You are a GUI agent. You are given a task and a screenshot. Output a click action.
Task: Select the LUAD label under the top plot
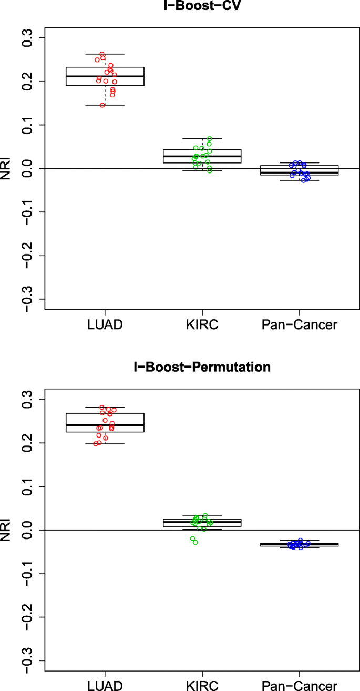pos(105,324)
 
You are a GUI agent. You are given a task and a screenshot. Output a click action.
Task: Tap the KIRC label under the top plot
pos(202,324)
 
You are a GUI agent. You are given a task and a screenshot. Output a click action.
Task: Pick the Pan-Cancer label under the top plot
pos(300,324)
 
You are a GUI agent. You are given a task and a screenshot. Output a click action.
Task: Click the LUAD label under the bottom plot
pos(105,685)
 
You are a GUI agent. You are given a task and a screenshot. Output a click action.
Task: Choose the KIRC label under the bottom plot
pos(202,685)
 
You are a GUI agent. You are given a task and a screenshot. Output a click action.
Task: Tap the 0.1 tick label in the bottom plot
pos(26,486)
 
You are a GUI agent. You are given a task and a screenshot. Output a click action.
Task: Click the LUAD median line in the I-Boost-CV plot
pos(105,76)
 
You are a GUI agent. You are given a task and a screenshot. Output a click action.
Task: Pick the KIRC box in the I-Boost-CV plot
pos(202,156)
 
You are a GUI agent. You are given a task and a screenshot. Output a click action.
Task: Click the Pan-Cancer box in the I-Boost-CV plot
pos(300,170)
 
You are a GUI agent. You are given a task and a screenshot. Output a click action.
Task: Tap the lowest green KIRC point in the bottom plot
pos(195,542)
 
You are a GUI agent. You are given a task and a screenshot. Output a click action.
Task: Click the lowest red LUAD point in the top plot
pos(102,105)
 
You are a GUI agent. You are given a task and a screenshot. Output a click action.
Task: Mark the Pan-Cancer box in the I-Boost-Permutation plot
pos(300,544)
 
